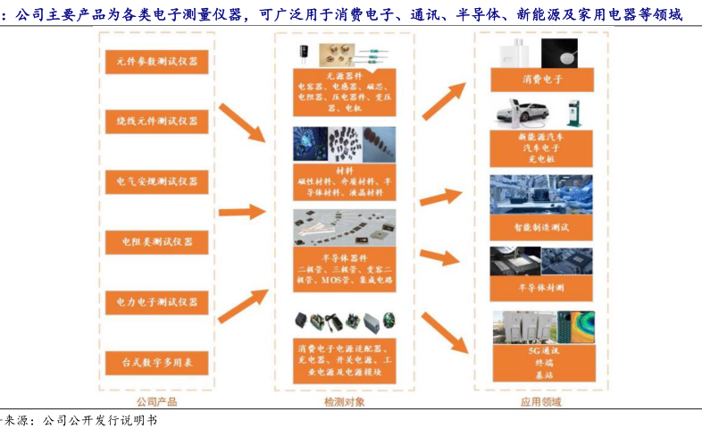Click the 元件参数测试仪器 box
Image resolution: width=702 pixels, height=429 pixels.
(x=156, y=62)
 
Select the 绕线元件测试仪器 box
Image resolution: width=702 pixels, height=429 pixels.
(x=156, y=121)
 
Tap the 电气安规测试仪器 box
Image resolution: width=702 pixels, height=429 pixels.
(x=156, y=181)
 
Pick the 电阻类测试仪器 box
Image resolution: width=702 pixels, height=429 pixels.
(x=156, y=241)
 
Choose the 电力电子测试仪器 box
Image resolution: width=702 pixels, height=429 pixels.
(x=156, y=302)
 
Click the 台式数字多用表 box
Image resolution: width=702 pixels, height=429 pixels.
(x=156, y=362)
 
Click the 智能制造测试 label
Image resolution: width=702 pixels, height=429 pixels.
(x=541, y=228)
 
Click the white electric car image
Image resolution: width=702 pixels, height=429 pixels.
(x=525, y=114)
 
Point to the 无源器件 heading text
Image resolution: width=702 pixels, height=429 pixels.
(x=344, y=77)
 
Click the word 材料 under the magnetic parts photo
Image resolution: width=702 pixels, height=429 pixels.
(x=344, y=169)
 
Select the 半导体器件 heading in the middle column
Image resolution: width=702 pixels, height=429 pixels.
(x=344, y=256)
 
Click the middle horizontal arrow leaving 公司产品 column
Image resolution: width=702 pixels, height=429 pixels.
(x=241, y=212)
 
